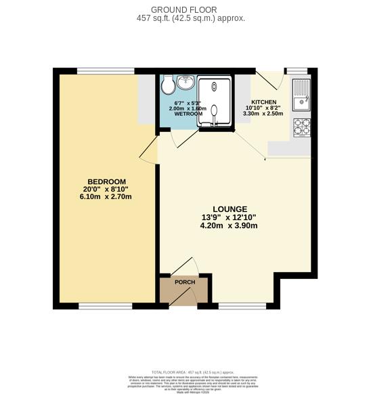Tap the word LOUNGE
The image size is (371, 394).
(229, 209)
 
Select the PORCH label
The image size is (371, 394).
(185, 282)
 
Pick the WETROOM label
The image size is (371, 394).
(188, 114)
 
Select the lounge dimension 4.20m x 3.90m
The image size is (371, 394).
(229, 226)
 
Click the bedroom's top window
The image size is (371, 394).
(104, 70)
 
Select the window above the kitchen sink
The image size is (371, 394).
(297, 70)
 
